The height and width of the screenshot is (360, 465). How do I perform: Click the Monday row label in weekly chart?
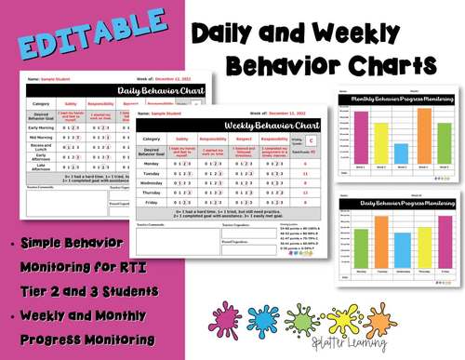151,162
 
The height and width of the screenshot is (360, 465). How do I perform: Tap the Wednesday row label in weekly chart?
151,182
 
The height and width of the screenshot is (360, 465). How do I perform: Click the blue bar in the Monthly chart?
401,152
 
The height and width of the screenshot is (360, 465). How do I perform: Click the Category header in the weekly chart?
151,139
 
